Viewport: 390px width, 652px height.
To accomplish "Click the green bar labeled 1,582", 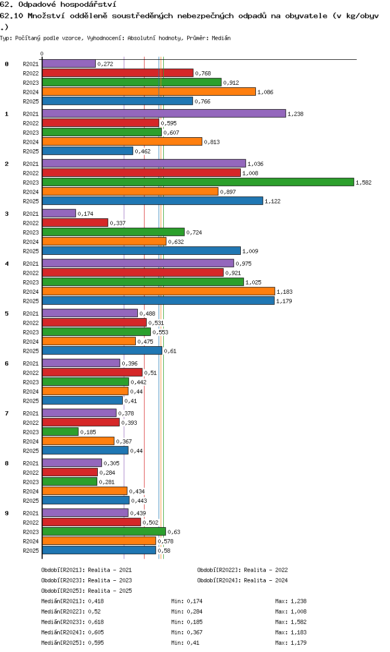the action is coord(198,182).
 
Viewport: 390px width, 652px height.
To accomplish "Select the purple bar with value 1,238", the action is coord(164,113).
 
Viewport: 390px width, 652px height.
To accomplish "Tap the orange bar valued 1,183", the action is coord(158,291).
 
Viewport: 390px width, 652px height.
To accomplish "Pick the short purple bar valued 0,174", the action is coord(59,213).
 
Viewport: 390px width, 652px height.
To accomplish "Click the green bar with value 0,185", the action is coord(60,432).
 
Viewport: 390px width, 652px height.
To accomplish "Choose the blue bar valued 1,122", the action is coord(152,201).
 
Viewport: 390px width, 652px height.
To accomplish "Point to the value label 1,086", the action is coord(265,92).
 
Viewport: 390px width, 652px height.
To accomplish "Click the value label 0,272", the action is coord(106,64).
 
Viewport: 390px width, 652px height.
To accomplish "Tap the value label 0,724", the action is coord(194,232).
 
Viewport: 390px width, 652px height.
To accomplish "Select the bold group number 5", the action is coord(7,314).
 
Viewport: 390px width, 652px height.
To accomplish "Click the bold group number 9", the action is coord(7,513).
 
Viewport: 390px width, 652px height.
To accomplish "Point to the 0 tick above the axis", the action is coord(42,54).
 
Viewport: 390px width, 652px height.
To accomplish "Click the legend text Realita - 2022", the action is coord(266,570).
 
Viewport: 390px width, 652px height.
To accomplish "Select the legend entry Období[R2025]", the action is coord(62,591).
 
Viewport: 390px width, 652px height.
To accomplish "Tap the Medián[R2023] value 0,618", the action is coord(96,622).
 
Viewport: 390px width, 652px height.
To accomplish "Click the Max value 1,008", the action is coord(298,611).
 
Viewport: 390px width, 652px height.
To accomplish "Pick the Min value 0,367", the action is coord(194,632).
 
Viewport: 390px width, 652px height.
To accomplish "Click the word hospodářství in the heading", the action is coord(88,4).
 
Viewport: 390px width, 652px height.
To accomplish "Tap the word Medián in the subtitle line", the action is coord(221,38).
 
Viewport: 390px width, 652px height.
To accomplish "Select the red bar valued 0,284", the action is coord(70,472).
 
